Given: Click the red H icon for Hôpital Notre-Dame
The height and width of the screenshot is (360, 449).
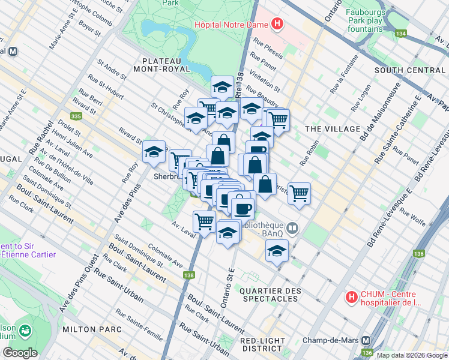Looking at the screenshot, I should click(x=277, y=24).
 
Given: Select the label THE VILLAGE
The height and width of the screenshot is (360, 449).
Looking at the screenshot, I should click(x=332, y=129).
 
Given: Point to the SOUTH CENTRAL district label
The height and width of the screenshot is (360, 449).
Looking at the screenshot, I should click(x=410, y=70).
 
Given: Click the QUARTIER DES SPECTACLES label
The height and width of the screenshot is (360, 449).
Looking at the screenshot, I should click(x=270, y=296).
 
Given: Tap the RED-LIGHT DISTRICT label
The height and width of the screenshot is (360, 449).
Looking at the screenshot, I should click(x=262, y=344).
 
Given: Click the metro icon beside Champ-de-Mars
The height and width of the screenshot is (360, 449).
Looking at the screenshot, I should click(x=365, y=340).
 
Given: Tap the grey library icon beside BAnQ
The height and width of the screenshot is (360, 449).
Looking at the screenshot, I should click(x=292, y=227).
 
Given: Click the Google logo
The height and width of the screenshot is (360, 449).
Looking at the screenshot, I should click(x=20, y=352).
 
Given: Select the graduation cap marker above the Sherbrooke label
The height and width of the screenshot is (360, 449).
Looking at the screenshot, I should click(x=154, y=152).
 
